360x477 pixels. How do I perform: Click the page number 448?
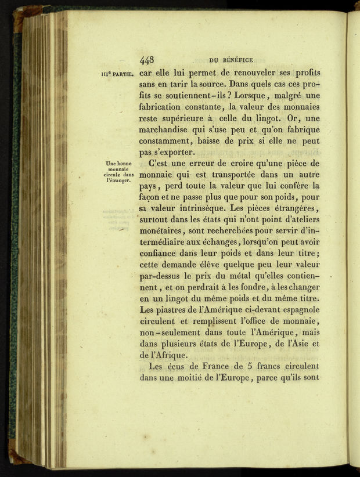pos(146,60)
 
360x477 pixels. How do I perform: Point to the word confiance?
pos(160,254)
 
